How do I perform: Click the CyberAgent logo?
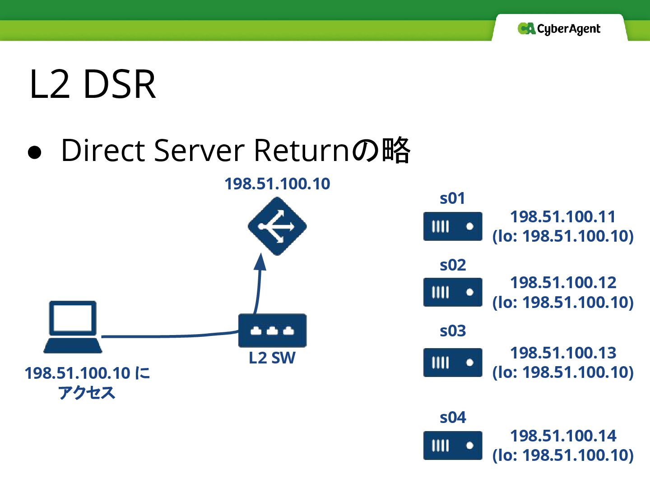click(559, 29)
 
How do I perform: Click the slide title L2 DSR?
click(93, 84)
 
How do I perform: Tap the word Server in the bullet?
click(199, 150)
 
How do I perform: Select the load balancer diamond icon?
click(277, 226)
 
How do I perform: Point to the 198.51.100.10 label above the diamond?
click(277, 184)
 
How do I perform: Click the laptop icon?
click(73, 327)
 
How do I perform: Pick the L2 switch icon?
click(272, 331)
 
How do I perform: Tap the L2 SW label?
click(272, 358)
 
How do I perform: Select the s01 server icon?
click(453, 226)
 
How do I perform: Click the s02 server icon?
click(453, 292)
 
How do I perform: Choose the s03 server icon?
click(453, 362)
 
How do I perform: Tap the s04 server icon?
click(453, 446)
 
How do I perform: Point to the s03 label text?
click(453, 331)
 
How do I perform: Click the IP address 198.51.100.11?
click(563, 217)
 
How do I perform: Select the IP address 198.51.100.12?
click(563, 283)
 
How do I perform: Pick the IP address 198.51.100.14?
click(563, 436)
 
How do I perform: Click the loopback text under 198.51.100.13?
click(563, 372)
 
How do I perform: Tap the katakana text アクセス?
click(87, 393)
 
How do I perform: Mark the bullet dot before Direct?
click(35, 152)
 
